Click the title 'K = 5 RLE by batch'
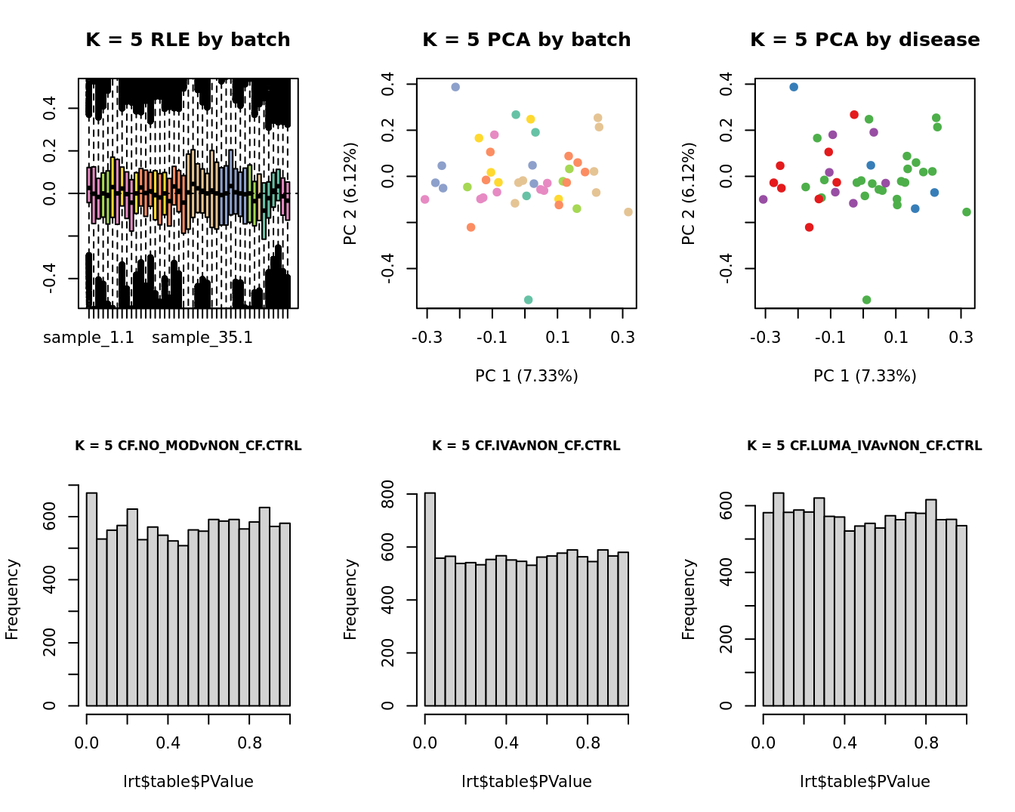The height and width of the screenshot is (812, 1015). (188, 40)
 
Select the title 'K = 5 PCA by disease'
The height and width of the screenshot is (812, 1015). (865, 40)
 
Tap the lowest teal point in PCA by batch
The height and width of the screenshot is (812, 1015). (528, 300)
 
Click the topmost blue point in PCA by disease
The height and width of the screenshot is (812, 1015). (794, 87)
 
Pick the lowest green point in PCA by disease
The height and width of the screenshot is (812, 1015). (866, 300)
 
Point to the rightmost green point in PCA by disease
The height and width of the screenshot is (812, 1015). (967, 212)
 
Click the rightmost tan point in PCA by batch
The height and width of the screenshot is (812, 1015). (628, 212)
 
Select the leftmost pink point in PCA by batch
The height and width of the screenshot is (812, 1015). (425, 199)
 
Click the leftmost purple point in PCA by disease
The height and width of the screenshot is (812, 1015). (764, 199)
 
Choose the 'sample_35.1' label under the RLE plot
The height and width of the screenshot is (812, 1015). (202, 338)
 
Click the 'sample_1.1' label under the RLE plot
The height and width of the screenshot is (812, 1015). (88, 338)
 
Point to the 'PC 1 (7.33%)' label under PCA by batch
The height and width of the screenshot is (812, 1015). (526, 376)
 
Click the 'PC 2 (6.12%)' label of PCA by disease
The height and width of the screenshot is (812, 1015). (688, 193)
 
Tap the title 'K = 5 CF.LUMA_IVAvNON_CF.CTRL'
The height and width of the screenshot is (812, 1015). (865, 446)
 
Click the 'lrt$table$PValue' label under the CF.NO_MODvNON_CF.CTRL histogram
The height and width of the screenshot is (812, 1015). (188, 782)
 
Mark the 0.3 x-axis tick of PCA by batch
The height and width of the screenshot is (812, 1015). (623, 337)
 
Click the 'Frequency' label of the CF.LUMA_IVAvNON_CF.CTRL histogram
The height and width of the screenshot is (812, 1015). (688, 599)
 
